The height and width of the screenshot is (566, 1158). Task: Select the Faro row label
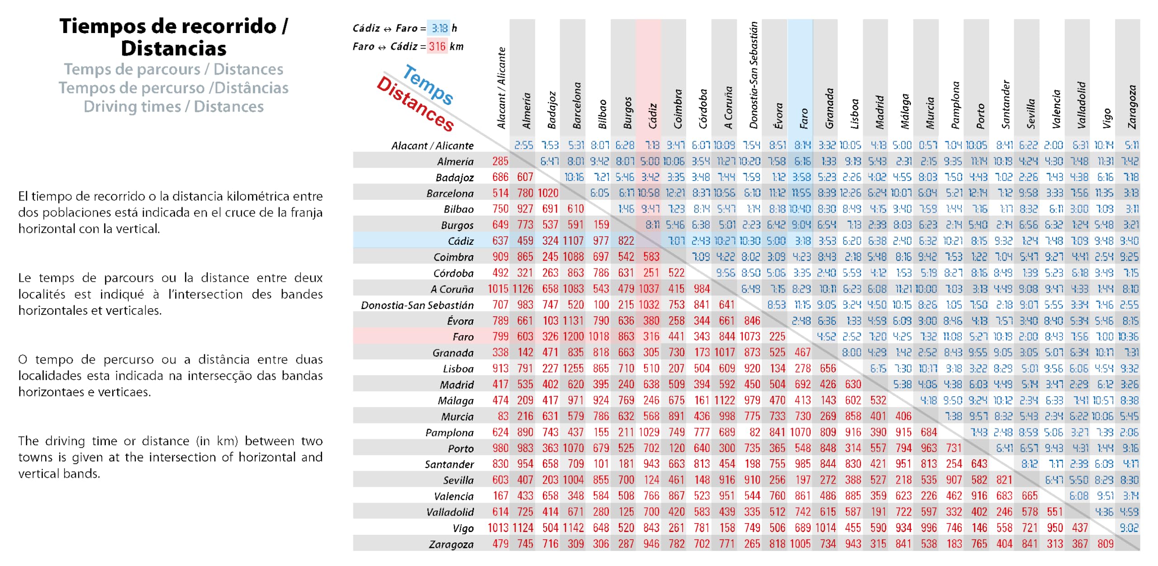tap(463, 337)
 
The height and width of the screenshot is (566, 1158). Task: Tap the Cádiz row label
tap(460, 241)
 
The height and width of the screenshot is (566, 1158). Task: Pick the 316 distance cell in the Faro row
tap(651, 337)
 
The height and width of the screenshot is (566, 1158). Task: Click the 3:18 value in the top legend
tap(439, 29)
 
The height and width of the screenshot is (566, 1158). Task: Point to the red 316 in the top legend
tap(437, 47)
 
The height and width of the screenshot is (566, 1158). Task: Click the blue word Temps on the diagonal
tap(428, 85)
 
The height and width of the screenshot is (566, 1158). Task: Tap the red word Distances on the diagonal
tap(415, 104)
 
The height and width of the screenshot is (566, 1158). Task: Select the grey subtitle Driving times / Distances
tap(174, 107)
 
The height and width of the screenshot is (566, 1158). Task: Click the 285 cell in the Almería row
tap(500, 161)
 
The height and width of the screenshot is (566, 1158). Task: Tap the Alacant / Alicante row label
tap(432, 146)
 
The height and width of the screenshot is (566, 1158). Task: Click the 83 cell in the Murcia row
tap(503, 416)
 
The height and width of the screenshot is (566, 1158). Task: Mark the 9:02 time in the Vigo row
tap(1129, 528)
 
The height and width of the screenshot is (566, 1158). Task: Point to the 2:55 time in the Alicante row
tap(524, 145)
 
